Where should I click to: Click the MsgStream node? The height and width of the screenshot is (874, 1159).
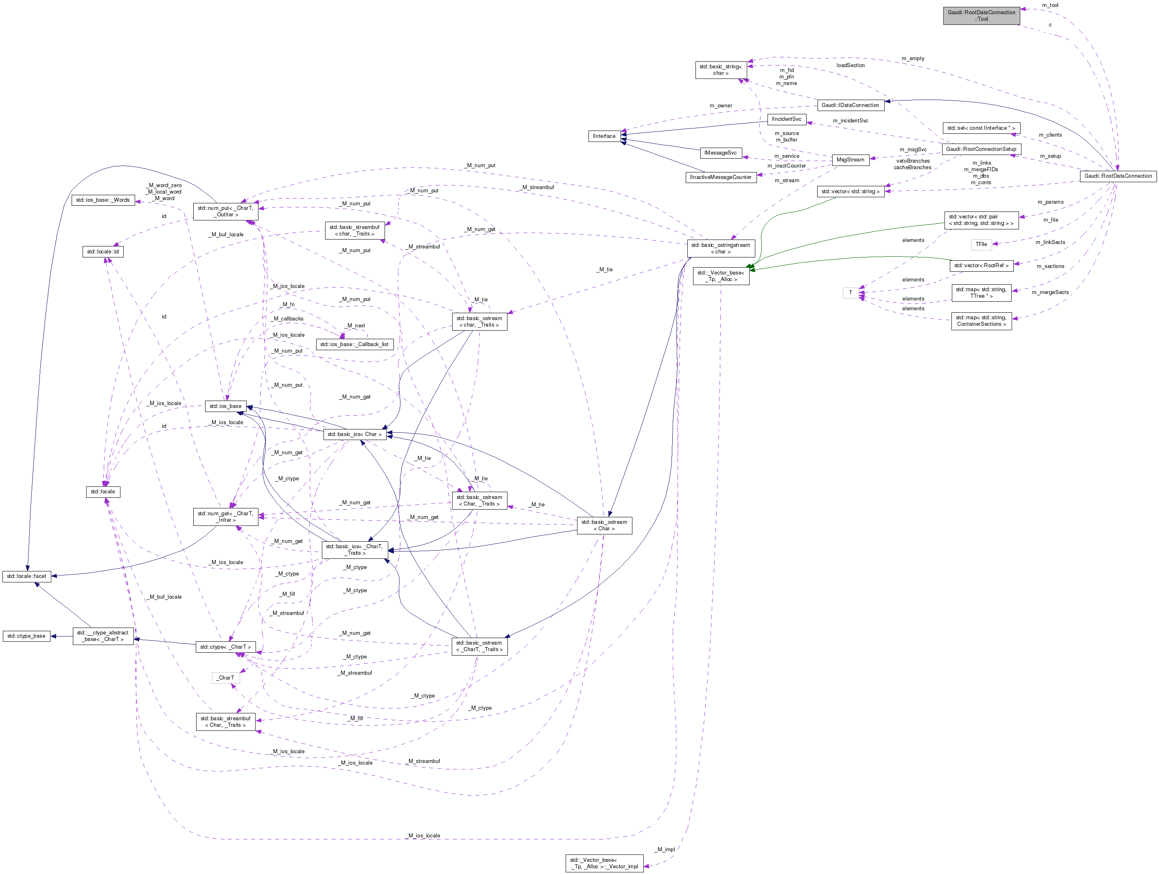[x=850, y=160]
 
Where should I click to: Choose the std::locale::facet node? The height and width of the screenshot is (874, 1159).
[x=26, y=576]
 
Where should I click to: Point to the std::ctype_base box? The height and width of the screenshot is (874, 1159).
[x=26, y=636]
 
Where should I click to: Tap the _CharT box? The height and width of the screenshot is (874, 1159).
[x=226, y=678]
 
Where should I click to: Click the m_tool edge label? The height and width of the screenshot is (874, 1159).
[x=1050, y=5]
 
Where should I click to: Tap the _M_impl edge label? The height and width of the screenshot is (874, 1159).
[x=665, y=849]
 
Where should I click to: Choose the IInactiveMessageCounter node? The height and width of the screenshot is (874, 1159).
[x=720, y=177]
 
